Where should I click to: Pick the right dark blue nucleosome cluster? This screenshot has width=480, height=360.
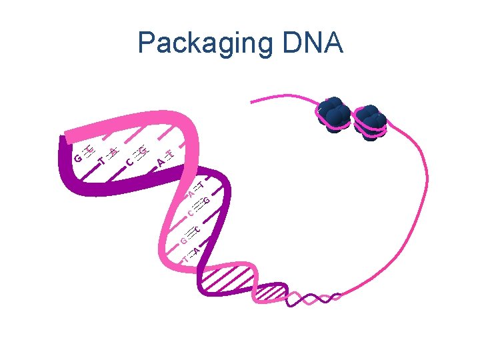(370, 119)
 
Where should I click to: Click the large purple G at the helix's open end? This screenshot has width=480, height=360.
(78, 159)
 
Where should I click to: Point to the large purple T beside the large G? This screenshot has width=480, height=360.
(101, 161)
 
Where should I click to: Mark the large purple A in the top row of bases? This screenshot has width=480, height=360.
(160, 163)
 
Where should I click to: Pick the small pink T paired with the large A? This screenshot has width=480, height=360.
(170, 155)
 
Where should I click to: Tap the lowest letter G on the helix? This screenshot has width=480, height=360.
(183, 240)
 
